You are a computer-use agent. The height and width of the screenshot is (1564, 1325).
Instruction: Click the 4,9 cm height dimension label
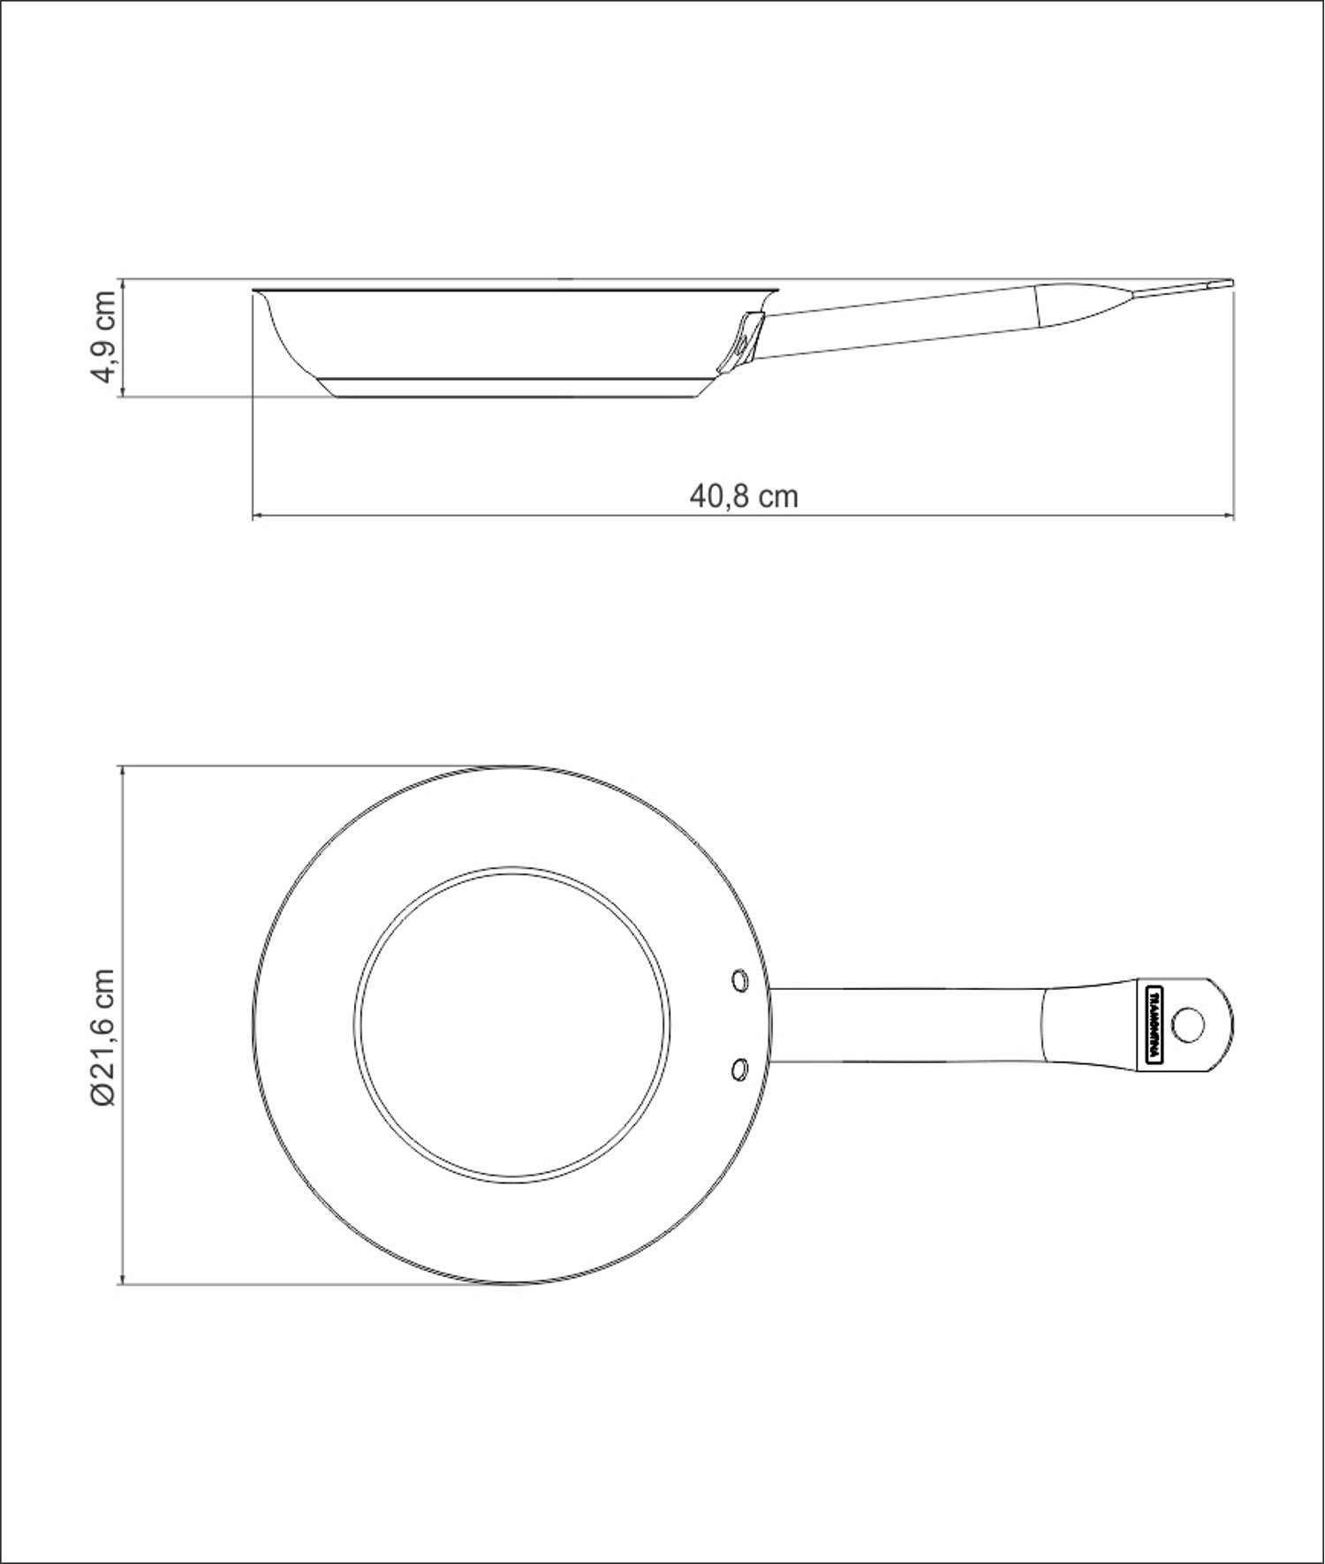point(104,336)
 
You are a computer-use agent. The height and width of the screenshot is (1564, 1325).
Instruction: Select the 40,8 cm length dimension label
point(744,496)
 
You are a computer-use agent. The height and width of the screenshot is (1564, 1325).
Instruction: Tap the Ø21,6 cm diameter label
point(103,1037)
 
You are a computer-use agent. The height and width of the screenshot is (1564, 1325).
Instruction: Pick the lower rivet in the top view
point(739,1069)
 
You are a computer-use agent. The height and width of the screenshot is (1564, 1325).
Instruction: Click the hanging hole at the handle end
point(1187,1024)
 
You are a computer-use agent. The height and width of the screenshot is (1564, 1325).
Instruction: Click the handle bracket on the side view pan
point(740,340)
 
